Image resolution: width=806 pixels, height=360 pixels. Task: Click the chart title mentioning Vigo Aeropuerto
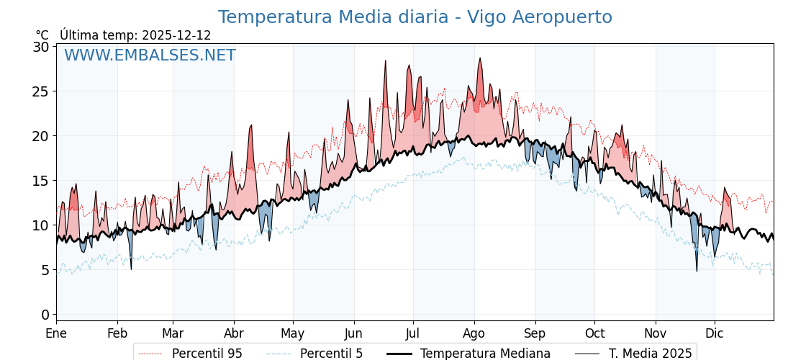click(415, 17)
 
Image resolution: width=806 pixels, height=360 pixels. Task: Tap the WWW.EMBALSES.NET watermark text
click(150, 55)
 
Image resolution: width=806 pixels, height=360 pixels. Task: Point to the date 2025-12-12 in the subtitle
click(176, 35)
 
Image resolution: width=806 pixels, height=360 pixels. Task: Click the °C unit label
click(42, 35)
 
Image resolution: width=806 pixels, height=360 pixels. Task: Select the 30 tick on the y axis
click(41, 47)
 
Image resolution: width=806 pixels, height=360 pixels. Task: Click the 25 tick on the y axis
click(41, 91)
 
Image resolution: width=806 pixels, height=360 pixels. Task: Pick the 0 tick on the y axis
click(45, 315)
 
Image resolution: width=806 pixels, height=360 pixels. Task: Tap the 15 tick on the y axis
click(41, 181)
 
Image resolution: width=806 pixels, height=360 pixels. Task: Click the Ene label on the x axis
click(56, 333)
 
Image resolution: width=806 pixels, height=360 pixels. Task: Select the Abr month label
click(234, 333)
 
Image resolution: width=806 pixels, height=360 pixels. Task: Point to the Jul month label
click(413, 333)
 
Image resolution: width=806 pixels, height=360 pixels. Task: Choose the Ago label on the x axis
click(474, 333)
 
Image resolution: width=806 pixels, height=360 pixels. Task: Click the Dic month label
click(715, 333)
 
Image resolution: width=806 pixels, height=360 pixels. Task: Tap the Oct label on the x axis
click(594, 333)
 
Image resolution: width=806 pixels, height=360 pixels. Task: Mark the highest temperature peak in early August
click(480, 58)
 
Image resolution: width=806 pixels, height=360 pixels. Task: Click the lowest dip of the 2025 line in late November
click(697, 271)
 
